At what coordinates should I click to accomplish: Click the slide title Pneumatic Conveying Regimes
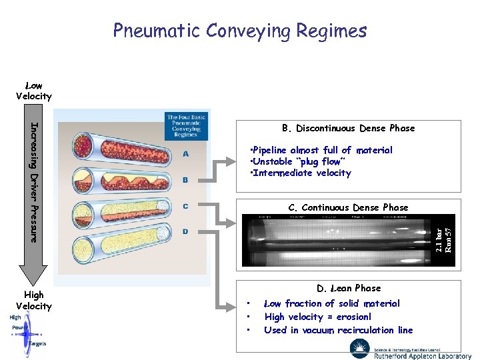[240, 31]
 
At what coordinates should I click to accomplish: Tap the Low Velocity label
[33, 91]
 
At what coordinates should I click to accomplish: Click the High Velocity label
[33, 300]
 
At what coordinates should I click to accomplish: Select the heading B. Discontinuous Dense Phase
[348, 128]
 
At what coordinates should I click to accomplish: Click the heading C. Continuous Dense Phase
[348, 207]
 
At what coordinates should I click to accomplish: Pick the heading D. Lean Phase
[349, 288]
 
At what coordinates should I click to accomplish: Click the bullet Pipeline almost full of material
[321, 150]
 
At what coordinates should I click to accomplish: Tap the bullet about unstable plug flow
[297, 161]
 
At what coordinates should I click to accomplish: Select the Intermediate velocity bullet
[300, 173]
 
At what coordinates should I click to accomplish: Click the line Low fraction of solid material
[332, 303]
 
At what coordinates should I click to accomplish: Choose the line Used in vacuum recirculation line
[339, 330]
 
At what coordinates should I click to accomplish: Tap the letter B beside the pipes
[185, 180]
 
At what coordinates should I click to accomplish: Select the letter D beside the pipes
[185, 231]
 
